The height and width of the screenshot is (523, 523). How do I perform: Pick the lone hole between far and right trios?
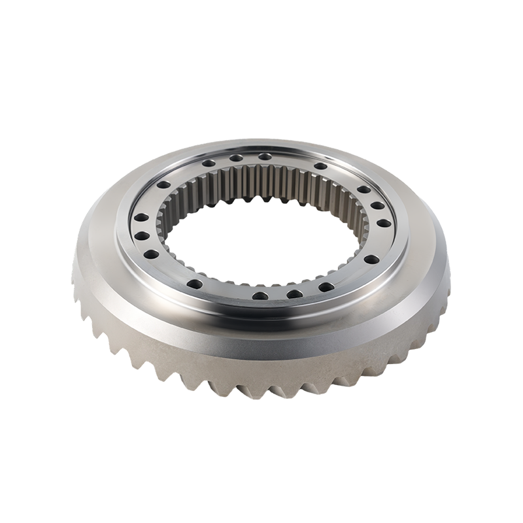(x=321, y=166)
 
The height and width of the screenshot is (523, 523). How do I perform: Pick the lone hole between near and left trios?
(x=195, y=283)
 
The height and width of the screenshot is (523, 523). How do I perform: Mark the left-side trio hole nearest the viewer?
(x=151, y=254)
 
